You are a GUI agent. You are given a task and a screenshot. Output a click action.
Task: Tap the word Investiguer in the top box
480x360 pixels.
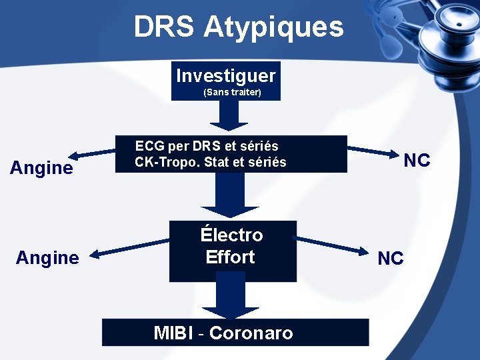coord(225,75)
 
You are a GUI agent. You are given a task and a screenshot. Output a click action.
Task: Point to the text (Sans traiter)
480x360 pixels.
coord(231,92)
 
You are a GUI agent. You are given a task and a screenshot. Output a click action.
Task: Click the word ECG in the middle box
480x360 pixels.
coord(150,145)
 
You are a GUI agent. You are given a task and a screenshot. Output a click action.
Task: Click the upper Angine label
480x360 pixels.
coord(41,167)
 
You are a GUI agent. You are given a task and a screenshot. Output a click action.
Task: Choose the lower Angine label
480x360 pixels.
coord(47,257)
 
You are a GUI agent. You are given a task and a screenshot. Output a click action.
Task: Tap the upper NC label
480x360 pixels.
coord(417,160)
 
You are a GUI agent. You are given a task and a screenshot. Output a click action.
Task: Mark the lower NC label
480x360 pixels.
coord(390,258)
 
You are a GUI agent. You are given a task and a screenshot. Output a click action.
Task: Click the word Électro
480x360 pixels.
coord(231,235)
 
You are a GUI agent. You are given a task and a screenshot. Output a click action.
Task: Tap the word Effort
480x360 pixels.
coord(230,257)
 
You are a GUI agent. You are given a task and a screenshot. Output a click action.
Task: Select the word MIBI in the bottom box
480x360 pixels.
coord(174,333)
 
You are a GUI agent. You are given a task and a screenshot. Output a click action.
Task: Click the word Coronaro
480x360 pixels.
coord(251,333)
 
